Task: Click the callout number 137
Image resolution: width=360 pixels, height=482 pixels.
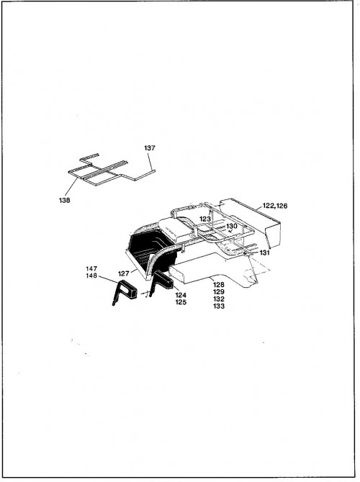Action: (x=150, y=148)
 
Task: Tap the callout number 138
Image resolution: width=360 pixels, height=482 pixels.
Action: (x=64, y=200)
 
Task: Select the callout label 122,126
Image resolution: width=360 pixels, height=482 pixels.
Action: (x=275, y=206)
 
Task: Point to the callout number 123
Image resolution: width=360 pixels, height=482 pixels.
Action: (x=205, y=219)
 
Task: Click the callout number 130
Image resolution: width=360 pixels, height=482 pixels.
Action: (x=232, y=226)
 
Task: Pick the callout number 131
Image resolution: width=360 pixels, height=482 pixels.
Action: (x=264, y=253)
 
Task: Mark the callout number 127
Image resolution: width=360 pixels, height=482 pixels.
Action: (x=124, y=273)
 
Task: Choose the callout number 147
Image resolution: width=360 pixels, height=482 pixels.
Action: (x=91, y=268)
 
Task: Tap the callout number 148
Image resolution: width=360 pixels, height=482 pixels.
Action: (x=91, y=276)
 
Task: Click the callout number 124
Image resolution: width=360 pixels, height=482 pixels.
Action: (x=181, y=295)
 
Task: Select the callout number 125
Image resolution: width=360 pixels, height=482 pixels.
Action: (x=181, y=302)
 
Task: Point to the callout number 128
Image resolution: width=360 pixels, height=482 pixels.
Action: (x=219, y=285)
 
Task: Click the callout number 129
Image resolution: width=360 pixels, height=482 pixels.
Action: (x=219, y=292)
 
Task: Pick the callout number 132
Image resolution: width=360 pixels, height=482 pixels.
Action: (x=219, y=299)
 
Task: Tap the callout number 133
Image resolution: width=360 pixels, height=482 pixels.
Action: (x=219, y=306)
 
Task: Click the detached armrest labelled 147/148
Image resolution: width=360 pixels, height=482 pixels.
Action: (x=127, y=289)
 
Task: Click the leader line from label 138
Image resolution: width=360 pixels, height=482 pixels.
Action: (x=71, y=188)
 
